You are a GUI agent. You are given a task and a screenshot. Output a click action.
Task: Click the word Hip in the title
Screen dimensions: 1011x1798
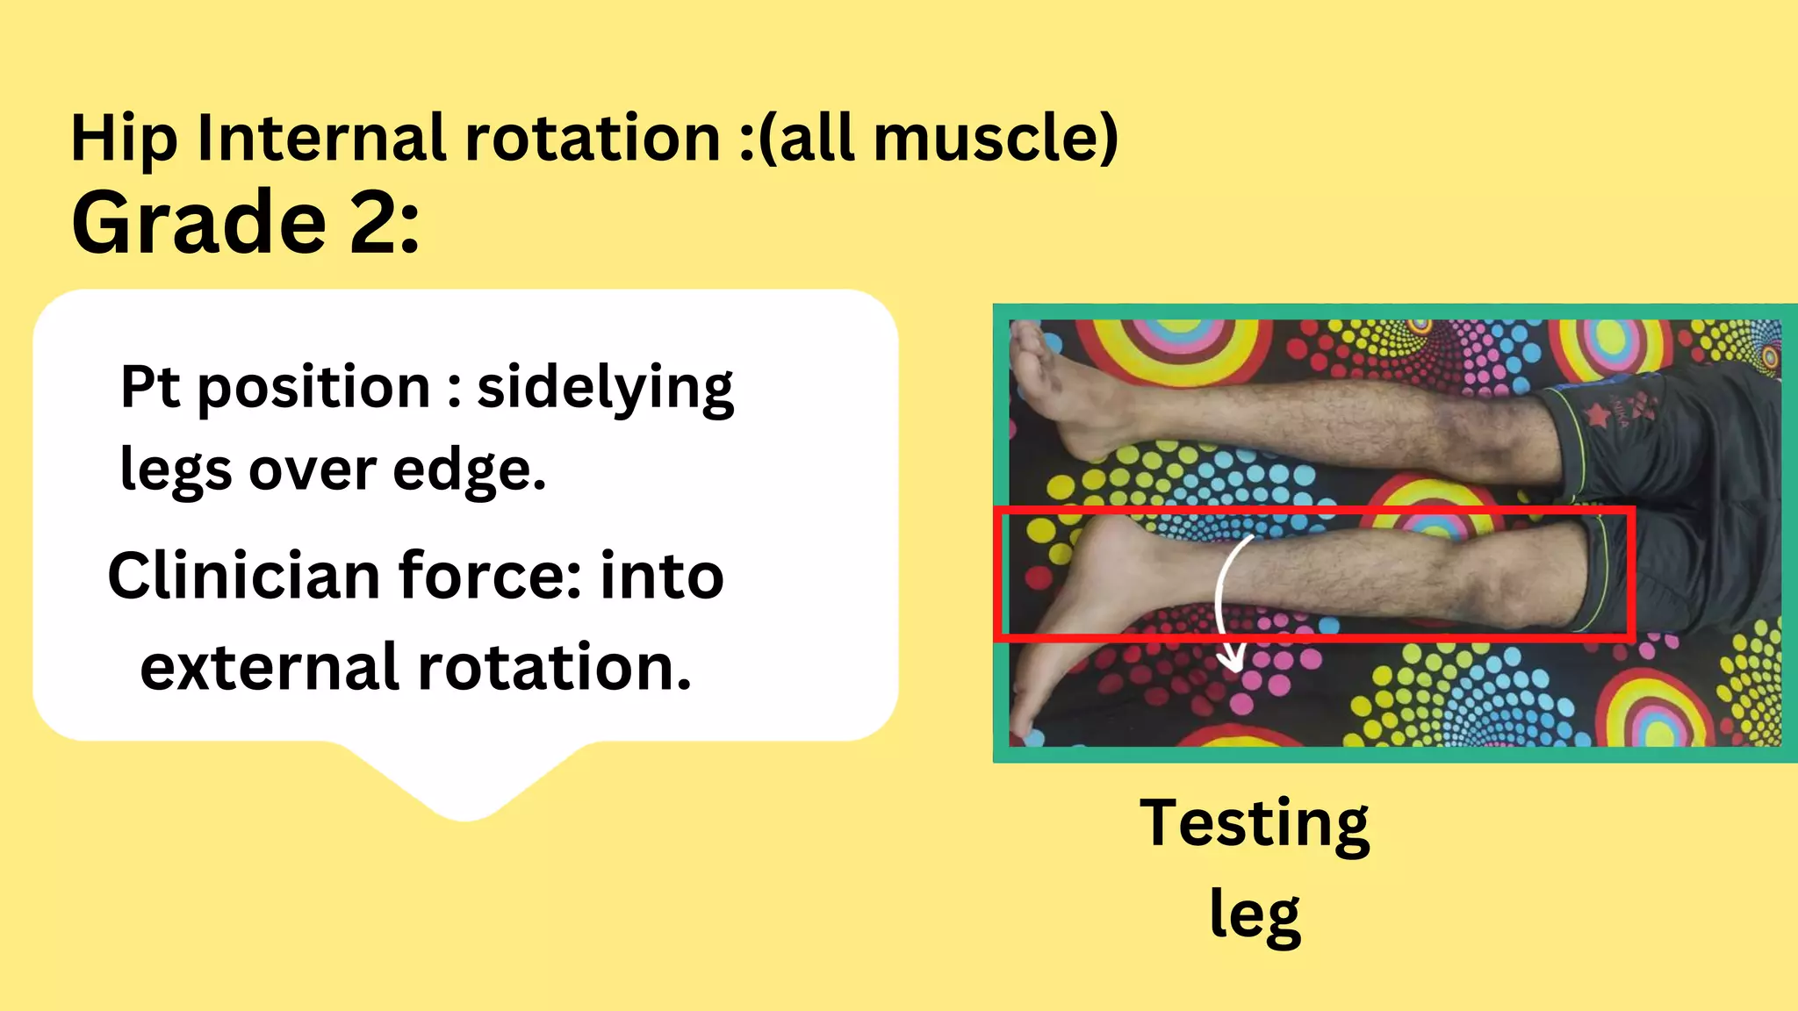[124, 139]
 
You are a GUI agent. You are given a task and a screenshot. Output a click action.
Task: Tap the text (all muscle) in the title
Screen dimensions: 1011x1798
[939, 139]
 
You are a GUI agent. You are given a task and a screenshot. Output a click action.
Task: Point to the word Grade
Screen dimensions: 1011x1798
[199, 223]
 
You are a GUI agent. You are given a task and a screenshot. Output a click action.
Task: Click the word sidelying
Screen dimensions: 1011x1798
[605, 388]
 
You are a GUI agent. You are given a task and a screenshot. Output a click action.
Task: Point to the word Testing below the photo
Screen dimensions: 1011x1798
[1254, 825]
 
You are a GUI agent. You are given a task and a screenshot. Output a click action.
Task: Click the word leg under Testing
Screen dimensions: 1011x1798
[1254, 914]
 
